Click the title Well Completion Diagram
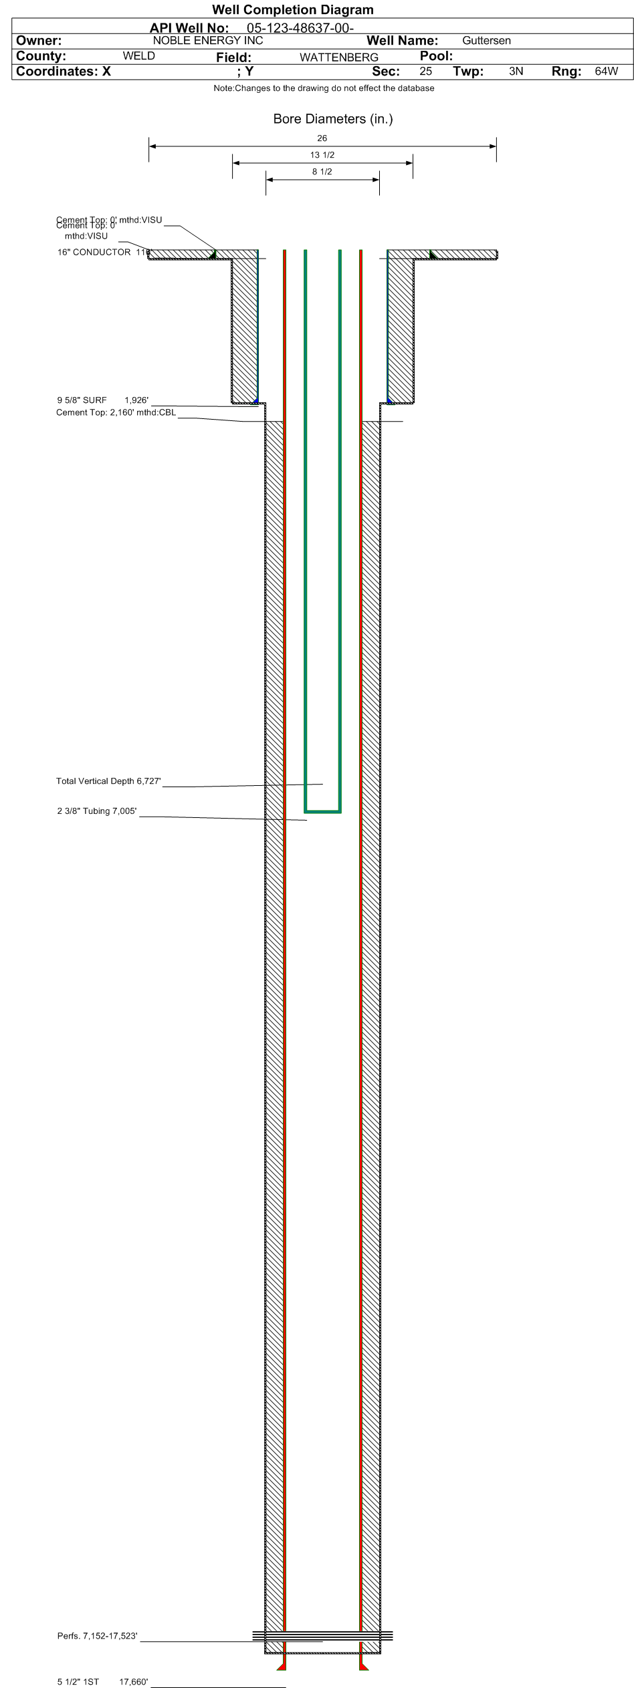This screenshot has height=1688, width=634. point(292,9)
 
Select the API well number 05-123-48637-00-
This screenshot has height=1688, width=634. point(300,28)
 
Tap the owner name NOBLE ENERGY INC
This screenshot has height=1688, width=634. point(208,40)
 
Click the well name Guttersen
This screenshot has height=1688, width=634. point(486,41)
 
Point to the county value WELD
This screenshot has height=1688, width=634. point(138,56)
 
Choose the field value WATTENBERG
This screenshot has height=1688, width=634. point(338,57)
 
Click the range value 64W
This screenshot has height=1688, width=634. point(606,71)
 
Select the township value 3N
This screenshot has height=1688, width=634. point(516,71)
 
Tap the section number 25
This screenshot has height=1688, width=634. point(425,71)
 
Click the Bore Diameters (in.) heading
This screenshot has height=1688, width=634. point(332,119)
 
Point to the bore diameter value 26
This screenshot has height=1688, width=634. point(322,138)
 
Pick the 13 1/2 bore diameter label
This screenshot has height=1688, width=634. point(322,155)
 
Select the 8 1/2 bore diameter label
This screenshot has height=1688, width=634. point(322,172)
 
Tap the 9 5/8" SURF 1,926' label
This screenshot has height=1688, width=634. point(102,400)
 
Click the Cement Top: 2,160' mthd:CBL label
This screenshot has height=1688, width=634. point(116,413)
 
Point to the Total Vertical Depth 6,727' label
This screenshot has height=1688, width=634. point(108,781)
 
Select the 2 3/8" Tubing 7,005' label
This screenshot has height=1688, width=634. point(97,811)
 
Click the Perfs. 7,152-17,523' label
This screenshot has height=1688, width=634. point(97,1636)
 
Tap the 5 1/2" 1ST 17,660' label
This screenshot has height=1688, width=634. point(102,1681)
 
